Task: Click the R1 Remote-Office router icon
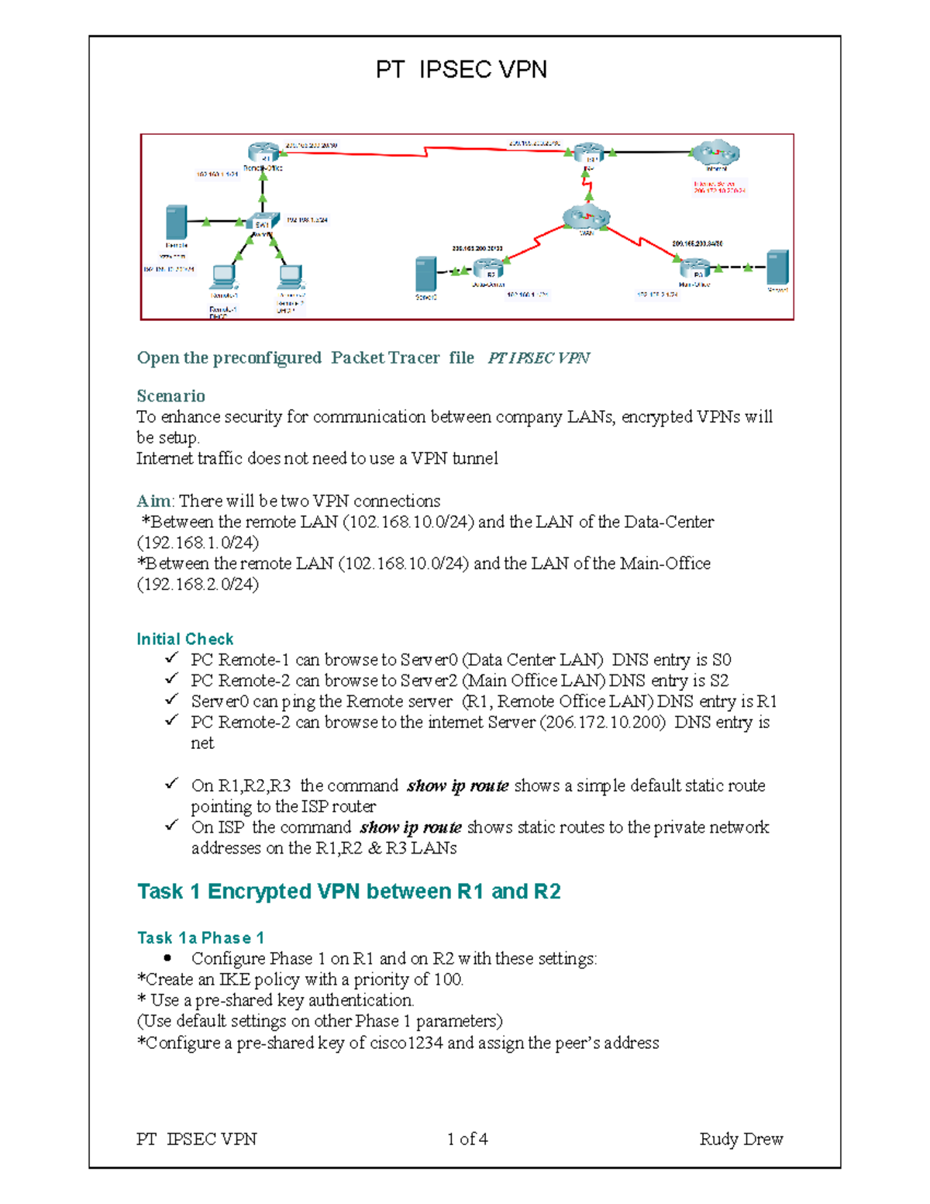[263, 153]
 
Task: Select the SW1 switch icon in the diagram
[263, 223]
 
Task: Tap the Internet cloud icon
[715, 154]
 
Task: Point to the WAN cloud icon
[587, 218]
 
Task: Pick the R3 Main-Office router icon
[694, 268]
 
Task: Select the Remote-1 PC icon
[224, 278]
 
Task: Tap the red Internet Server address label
[718, 187]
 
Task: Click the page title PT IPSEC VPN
[461, 70]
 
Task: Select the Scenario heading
[170, 396]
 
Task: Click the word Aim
[153, 501]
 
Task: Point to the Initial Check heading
[184, 639]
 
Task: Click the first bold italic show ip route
[457, 786]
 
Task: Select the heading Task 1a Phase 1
[200, 938]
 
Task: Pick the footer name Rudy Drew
[741, 1139]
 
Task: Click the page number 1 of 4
[467, 1139]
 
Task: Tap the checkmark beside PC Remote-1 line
[171, 658]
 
